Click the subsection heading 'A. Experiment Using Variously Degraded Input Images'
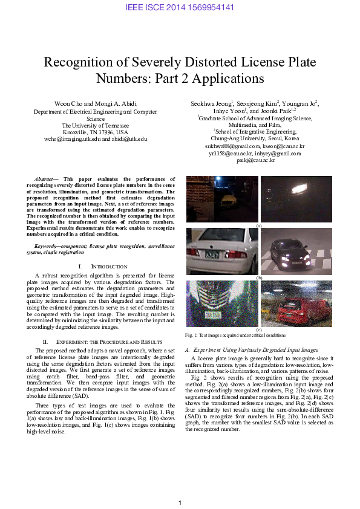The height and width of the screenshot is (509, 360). pos(251,350)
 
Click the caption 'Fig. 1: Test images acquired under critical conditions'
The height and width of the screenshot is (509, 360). pos(235,335)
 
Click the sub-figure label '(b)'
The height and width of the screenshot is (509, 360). pos(259,277)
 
